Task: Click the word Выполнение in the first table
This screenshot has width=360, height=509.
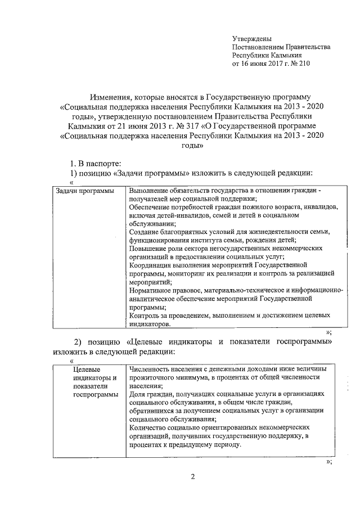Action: click(x=148, y=191)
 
